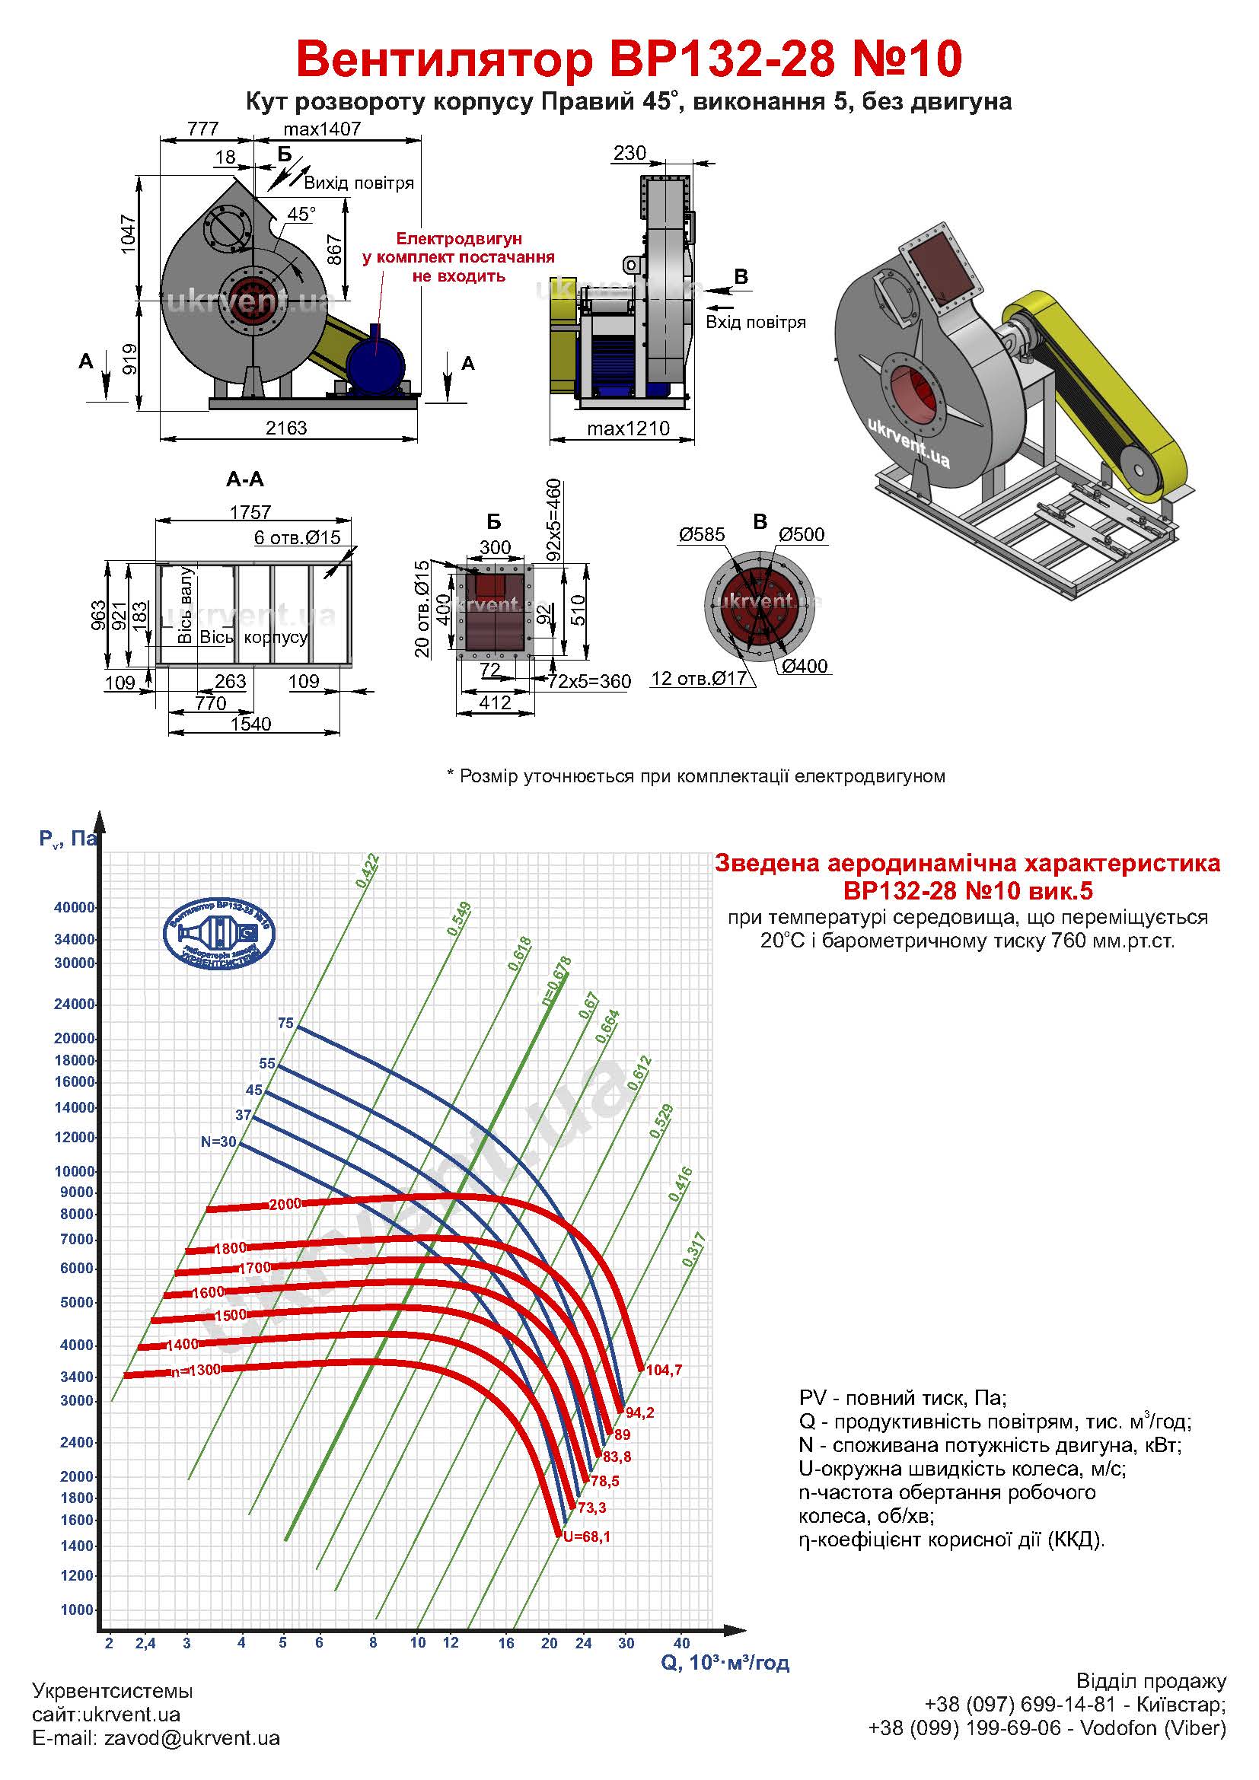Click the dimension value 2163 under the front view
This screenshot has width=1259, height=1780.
pyautogui.click(x=287, y=428)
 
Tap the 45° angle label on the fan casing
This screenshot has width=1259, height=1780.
pyautogui.click(x=301, y=214)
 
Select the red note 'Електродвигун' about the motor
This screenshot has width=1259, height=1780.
pyautogui.click(x=459, y=239)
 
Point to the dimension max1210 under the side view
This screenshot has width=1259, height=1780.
pyautogui.click(x=628, y=428)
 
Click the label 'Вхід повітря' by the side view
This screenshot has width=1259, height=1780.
pyautogui.click(x=755, y=322)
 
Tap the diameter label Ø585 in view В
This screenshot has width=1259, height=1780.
pyautogui.click(x=702, y=534)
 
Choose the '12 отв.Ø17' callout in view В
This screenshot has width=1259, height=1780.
pyautogui.click(x=699, y=678)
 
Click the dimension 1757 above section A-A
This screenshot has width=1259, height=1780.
pyautogui.click(x=250, y=511)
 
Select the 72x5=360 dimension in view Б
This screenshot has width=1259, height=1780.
pyautogui.click(x=589, y=681)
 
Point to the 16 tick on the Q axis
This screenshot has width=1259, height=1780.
pyautogui.click(x=506, y=1643)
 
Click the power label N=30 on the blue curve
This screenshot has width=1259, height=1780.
pyautogui.click(x=218, y=1142)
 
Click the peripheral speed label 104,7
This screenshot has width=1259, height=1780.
pyautogui.click(x=664, y=1370)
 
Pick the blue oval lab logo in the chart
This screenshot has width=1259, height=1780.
pyautogui.click(x=218, y=932)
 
